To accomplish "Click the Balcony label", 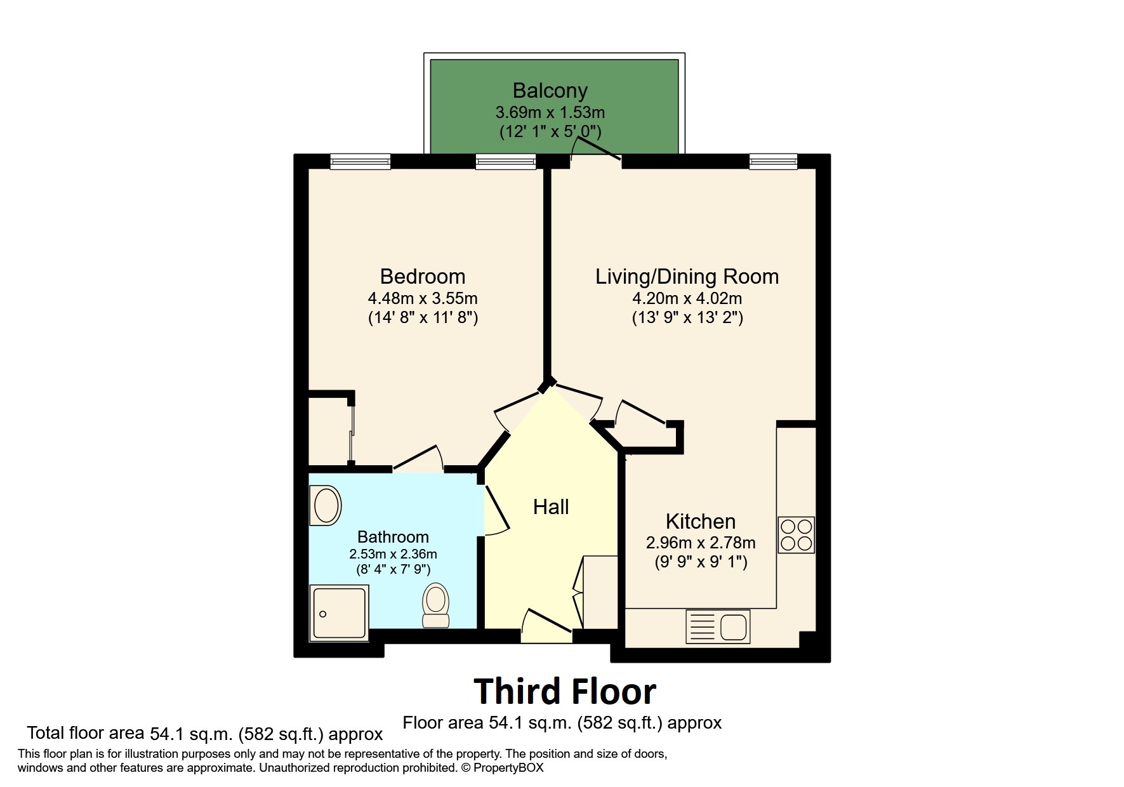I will (550, 91).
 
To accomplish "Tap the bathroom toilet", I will (436, 605).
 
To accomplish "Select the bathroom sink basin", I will (326, 505).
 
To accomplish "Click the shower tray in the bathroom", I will (339, 612).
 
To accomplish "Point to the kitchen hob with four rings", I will (796, 535).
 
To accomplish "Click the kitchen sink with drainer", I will (718, 626).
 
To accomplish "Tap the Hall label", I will (550, 506).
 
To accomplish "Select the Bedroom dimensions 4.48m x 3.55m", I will (423, 298).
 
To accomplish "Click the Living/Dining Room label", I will (687, 277).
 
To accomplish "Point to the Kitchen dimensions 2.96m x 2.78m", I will (700, 543).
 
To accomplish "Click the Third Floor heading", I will (564, 691).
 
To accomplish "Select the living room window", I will (772, 162).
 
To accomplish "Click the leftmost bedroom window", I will (360, 162).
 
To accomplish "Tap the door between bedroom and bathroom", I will (418, 460).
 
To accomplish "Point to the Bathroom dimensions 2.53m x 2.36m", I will (393, 553).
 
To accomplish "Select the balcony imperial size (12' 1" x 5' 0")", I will (550, 132).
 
